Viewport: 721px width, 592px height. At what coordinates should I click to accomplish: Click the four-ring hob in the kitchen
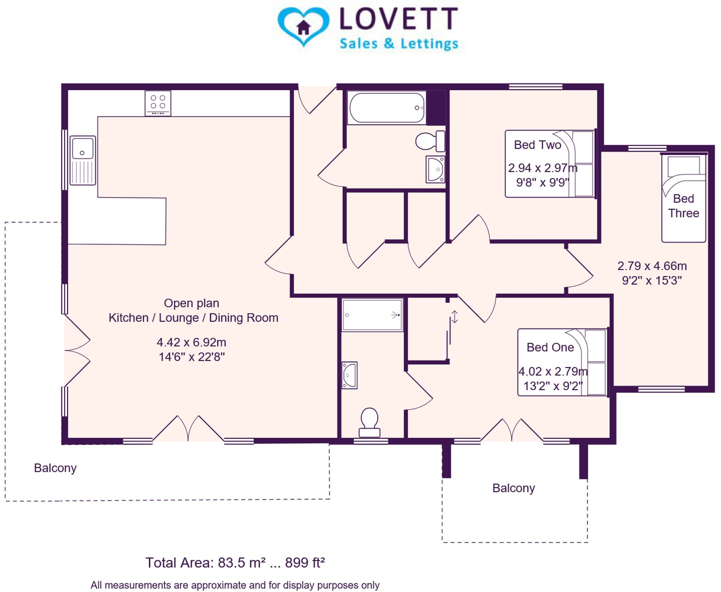tap(158, 103)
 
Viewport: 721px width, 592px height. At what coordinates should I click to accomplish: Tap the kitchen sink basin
tap(82, 149)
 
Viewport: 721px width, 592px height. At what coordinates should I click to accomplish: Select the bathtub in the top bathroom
tap(387, 108)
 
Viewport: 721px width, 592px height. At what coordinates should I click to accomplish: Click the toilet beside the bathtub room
tap(429, 141)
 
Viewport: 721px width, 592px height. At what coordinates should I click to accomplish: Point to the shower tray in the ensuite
tap(372, 315)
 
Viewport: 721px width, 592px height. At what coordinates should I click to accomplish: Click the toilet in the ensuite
tap(369, 422)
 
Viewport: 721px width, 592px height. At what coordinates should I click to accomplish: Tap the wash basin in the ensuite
tap(349, 375)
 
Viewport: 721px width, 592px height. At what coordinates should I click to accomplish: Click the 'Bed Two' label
tap(537, 145)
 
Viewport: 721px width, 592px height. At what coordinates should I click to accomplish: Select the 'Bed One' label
tap(550, 347)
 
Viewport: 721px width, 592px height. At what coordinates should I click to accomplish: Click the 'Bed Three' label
tap(683, 206)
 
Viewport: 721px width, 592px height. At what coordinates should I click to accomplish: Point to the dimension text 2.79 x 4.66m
tap(652, 266)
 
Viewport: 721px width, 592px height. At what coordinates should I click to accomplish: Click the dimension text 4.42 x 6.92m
tap(191, 342)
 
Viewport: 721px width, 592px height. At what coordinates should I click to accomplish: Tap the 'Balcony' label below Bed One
tap(513, 488)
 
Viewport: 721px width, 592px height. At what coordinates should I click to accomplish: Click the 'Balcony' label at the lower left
tap(55, 468)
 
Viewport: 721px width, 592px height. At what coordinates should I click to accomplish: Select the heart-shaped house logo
tap(303, 26)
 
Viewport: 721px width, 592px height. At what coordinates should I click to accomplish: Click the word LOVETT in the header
tap(399, 19)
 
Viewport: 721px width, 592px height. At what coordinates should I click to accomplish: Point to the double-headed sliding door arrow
tap(454, 317)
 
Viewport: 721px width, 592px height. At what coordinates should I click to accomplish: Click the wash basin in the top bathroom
tap(435, 169)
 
